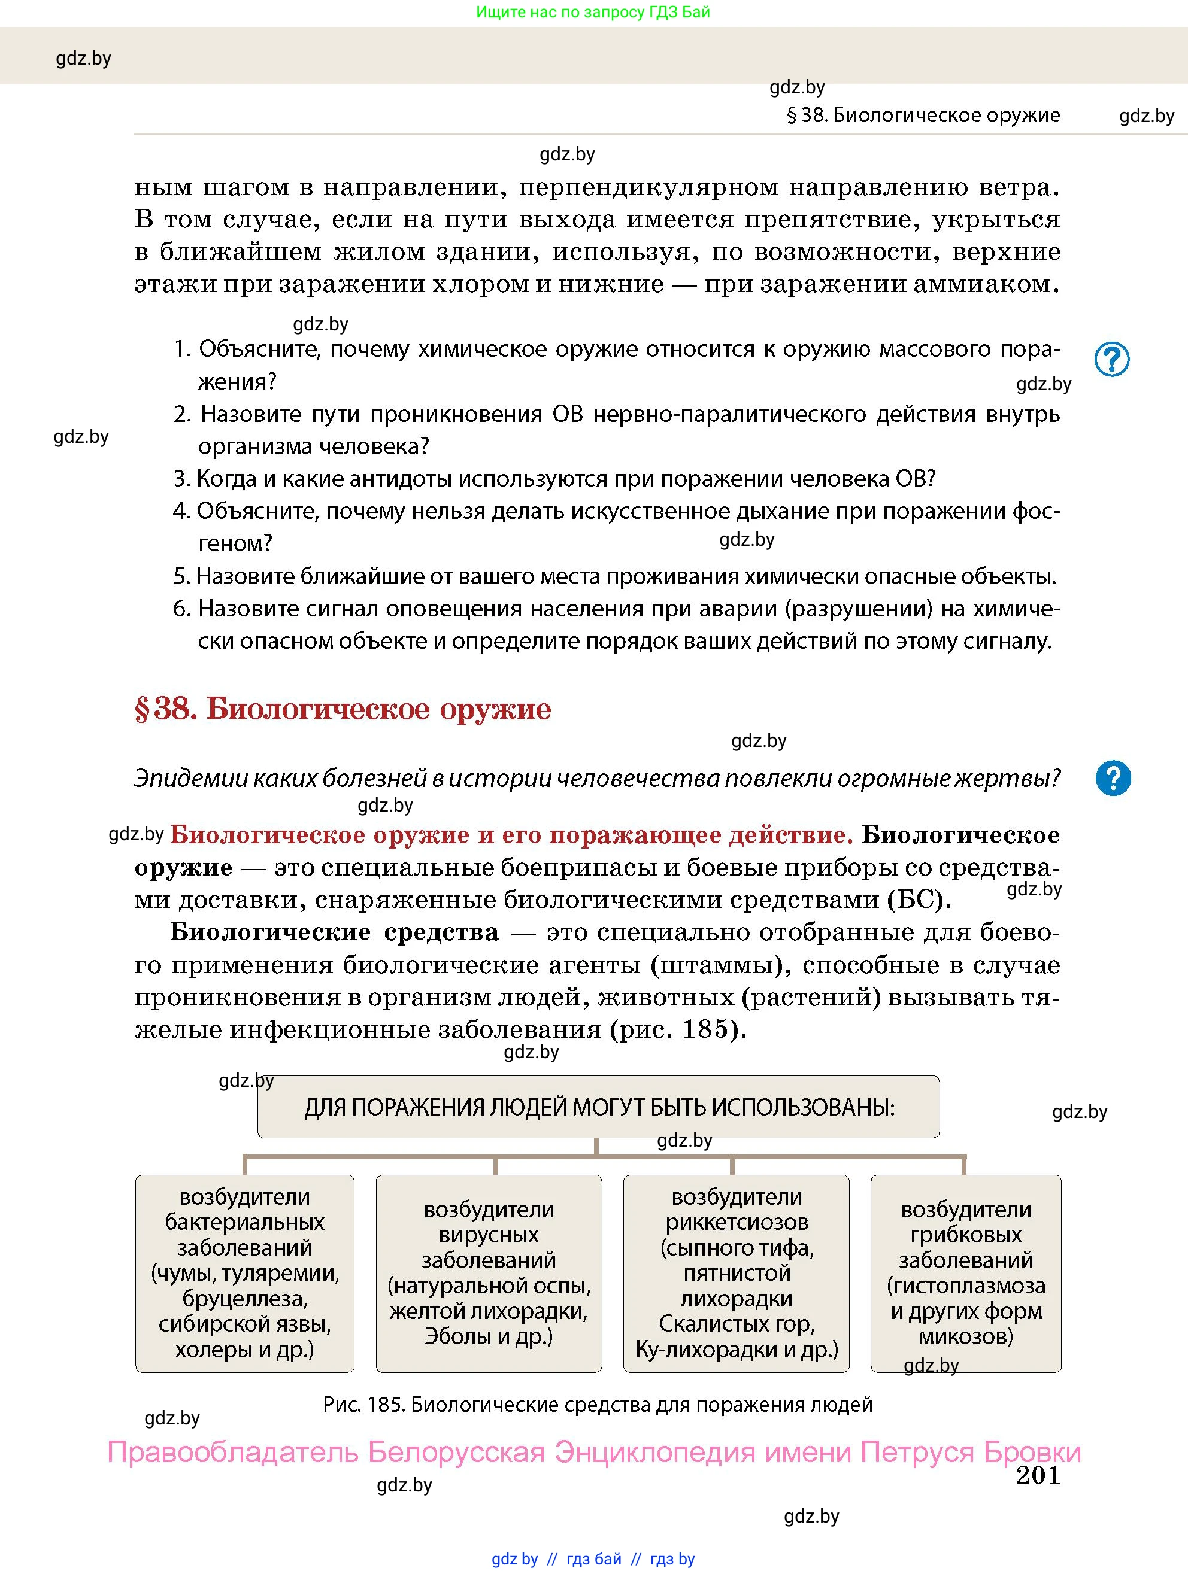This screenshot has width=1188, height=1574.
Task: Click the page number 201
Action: point(1037,1475)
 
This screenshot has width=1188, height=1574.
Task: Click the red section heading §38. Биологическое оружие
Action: point(343,709)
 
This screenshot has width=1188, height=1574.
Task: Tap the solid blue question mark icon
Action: point(1113,778)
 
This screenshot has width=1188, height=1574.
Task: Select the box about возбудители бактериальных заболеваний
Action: point(244,1273)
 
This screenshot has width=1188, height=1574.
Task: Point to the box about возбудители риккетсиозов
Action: point(736,1273)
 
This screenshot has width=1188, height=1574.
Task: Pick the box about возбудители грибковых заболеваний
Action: point(965,1273)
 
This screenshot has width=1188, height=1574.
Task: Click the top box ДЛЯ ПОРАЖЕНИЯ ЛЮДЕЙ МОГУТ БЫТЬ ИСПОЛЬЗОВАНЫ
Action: point(598,1107)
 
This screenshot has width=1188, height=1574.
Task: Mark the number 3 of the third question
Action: point(181,479)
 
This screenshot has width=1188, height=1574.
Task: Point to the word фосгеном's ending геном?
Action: point(235,543)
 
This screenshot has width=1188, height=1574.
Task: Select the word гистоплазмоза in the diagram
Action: point(965,1285)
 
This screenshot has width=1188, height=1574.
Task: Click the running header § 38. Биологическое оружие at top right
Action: point(923,116)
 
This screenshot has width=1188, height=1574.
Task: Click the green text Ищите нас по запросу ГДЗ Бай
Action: point(592,12)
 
